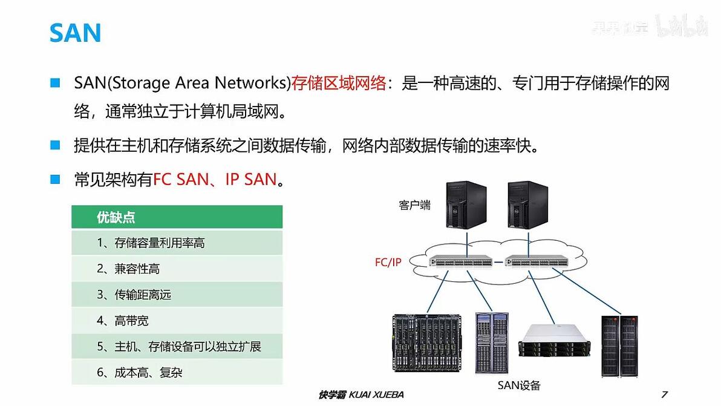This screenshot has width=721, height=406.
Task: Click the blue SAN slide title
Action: click(x=75, y=33)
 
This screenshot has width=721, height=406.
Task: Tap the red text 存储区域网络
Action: click(x=339, y=83)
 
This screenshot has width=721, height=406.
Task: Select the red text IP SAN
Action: click(x=251, y=179)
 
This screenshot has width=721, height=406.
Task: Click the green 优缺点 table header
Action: click(x=177, y=217)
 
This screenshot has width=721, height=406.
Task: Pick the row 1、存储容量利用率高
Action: click(x=177, y=243)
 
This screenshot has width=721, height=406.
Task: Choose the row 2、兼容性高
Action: click(x=177, y=269)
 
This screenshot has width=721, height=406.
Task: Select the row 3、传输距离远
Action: click(x=177, y=294)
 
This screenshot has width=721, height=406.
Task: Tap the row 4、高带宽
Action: click(x=177, y=321)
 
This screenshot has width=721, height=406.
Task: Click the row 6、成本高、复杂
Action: click(x=177, y=372)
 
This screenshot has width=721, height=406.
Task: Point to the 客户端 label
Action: click(x=414, y=205)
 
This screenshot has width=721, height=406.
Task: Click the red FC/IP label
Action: click(x=388, y=262)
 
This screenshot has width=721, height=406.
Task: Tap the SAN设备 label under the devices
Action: click(x=519, y=385)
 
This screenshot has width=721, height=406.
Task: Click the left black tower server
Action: click(x=466, y=205)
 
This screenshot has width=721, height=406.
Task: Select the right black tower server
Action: click(x=528, y=205)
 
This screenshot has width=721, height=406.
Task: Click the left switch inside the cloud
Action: click(x=461, y=261)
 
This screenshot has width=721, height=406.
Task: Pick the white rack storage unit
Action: click(x=554, y=341)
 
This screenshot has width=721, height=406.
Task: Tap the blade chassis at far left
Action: click(x=428, y=342)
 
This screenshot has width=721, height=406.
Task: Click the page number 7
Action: click(x=664, y=394)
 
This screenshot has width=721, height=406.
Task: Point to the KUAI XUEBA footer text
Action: click(x=376, y=395)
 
